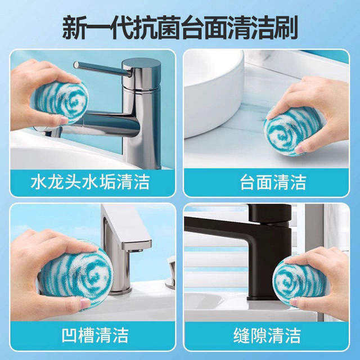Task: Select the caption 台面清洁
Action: click(x=265, y=182)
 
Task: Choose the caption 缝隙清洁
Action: click(x=265, y=335)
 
